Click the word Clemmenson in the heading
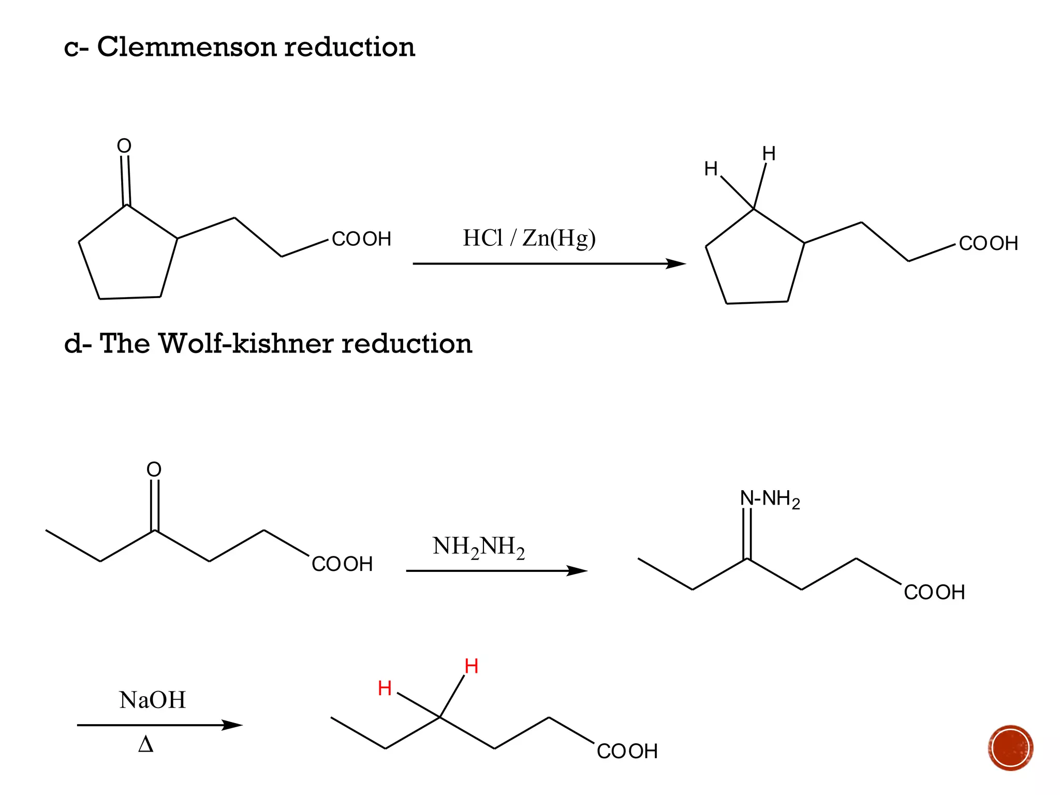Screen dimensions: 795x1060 click(x=187, y=47)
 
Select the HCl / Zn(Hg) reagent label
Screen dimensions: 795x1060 click(x=529, y=238)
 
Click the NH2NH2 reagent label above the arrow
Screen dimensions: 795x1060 click(x=479, y=547)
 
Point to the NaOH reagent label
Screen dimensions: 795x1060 click(x=152, y=700)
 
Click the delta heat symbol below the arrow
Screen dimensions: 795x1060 click(x=146, y=745)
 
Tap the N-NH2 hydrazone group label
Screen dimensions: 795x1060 click(x=770, y=499)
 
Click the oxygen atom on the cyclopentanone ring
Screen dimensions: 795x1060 click(x=124, y=146)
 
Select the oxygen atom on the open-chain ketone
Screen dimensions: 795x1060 click(x=154, y=469)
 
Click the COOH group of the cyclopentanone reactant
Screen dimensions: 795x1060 click(x=361, y=239)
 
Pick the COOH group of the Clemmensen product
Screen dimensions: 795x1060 click(x=988, y=243)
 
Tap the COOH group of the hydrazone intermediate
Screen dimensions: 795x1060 click(x=934, y=592)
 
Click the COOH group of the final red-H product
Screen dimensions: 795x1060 click(x=627, y=752)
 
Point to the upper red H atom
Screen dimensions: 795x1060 click(x=471, y=666)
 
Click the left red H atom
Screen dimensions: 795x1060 click(x=385, y=688)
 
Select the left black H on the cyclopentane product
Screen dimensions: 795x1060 click(x=711, y=169)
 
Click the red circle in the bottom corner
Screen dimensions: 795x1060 click(x=1010, y=748)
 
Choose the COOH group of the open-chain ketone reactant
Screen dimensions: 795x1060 click(x=342, y=564)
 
